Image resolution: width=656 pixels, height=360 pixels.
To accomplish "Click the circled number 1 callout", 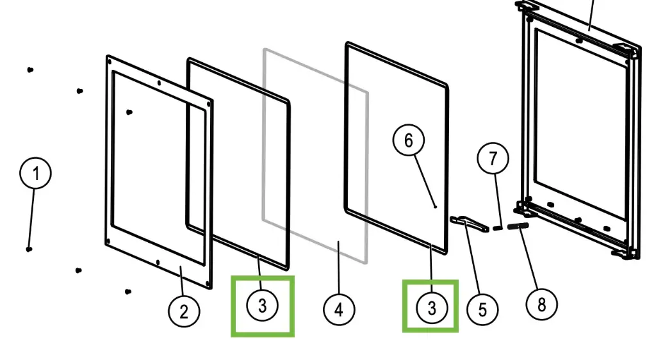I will click(36, 174).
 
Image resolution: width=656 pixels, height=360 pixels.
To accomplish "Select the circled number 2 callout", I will click(184, 312).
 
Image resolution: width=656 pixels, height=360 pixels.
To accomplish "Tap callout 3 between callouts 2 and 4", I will click(262, 306).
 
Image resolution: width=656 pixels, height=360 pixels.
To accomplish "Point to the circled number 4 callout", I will click(338, 310).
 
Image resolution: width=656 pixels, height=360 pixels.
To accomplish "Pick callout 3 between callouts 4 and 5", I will click(431, 308).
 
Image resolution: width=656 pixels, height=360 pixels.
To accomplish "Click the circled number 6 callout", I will click(409, 140).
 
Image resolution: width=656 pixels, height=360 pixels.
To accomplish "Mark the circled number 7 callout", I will click(493, 158).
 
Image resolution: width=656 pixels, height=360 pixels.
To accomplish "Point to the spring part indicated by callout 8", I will click(517, 225).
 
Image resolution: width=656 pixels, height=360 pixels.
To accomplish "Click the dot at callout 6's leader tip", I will click(436, 207).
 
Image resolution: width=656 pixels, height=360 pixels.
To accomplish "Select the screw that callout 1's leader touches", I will click(29, 249).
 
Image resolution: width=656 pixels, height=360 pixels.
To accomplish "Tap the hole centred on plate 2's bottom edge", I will click(158, 261).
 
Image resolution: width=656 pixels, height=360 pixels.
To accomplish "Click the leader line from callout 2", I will click(181, 282).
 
